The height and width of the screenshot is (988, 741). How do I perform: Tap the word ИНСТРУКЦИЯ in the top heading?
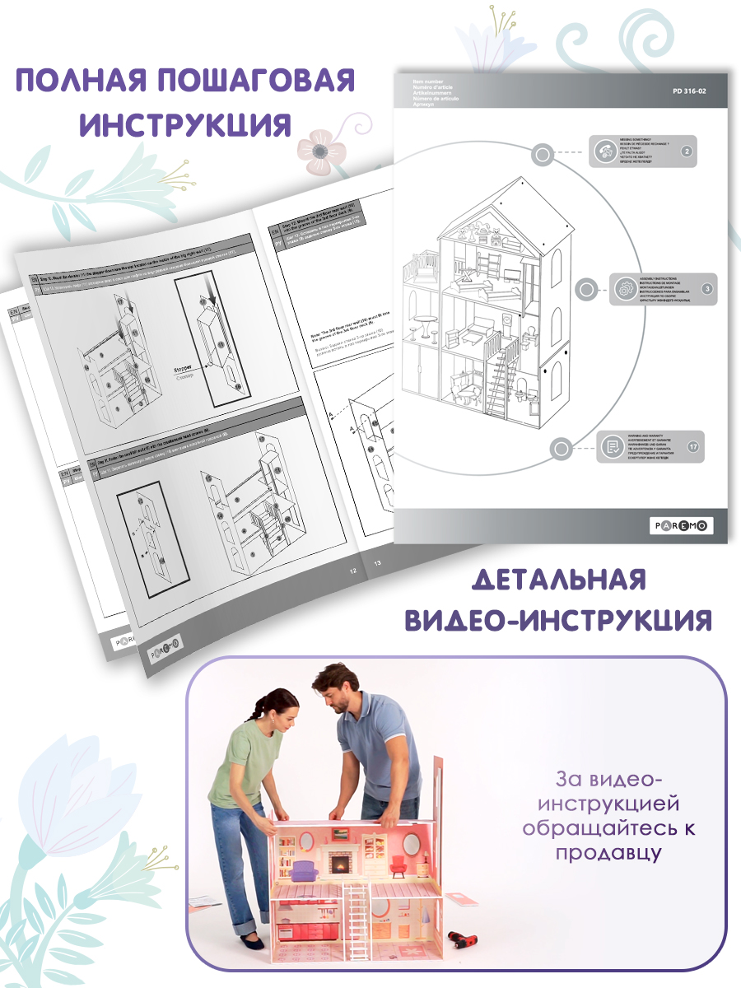pos(185,125)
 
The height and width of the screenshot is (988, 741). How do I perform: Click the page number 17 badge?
pos(692,446)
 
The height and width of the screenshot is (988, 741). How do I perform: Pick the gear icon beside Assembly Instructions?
pos(624,290)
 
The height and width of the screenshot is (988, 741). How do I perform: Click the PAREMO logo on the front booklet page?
pos(681,526)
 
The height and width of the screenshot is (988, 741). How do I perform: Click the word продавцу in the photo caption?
pos(608,853)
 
